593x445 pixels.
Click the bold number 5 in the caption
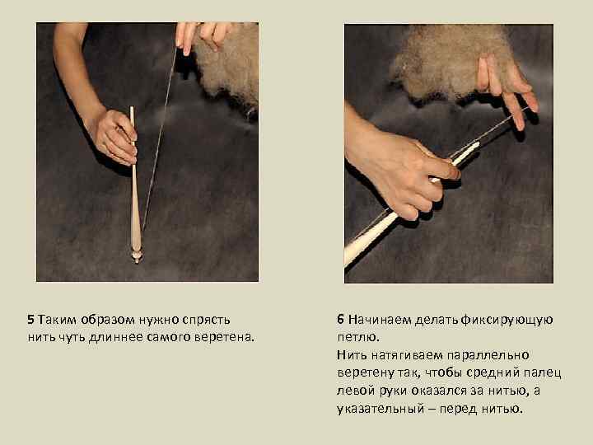[30, 320]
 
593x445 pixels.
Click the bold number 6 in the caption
[340, 320]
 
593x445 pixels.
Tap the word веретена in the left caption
[223, 337]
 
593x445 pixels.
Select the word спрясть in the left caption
[206, 321]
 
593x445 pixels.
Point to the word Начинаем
[380, 320]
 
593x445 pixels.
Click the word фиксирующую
[507, 321]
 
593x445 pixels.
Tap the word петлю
[358, 337]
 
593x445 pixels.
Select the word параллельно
[488, 356]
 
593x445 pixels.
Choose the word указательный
[381, 410]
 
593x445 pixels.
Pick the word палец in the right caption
[542, 373]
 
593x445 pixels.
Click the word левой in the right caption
[356, 391]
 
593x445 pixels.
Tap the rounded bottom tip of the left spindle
[136, 260]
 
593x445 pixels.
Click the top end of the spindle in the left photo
[132, 108]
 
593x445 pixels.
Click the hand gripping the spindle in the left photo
[114, 136]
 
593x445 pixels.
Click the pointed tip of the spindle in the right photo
[478, 143]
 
